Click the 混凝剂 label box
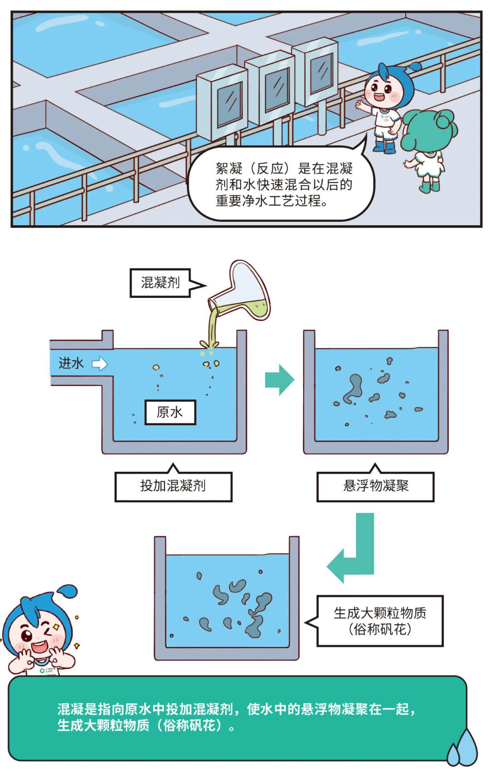click(x=160, y=283)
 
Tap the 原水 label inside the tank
click(x=170, y=412)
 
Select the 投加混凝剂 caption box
click(x=173, y=486)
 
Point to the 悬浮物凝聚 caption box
click(x=375, y=486)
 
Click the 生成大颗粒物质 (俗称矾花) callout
click(x=380, y=621)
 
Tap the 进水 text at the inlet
click(x=71, y=363)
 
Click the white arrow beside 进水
click(x=100, y=364)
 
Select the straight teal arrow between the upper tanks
click(x=279, y=380)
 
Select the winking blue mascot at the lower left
click(x=39, y=632)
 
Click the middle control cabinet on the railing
click(x=271, y=88)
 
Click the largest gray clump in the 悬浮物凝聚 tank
click(x=353, y=388)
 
